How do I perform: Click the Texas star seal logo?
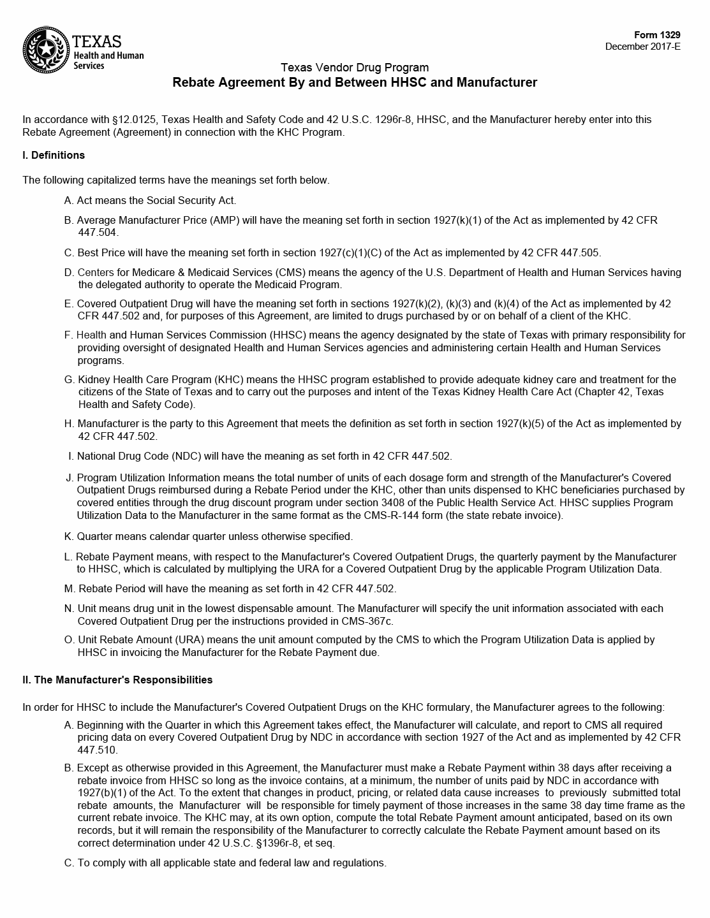(x=45, y=49)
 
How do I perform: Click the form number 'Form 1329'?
(x=657, y=35)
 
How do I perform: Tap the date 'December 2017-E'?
(x=642, y=47)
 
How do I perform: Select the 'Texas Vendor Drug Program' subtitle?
(x=355, y=68)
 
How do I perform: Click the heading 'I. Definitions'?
(x=54, y=155)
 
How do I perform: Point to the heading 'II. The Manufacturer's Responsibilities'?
(x=117, y=680)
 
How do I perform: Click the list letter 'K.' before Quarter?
(x=69, y=536)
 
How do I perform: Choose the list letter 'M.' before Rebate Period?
(x=70, y=588)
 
